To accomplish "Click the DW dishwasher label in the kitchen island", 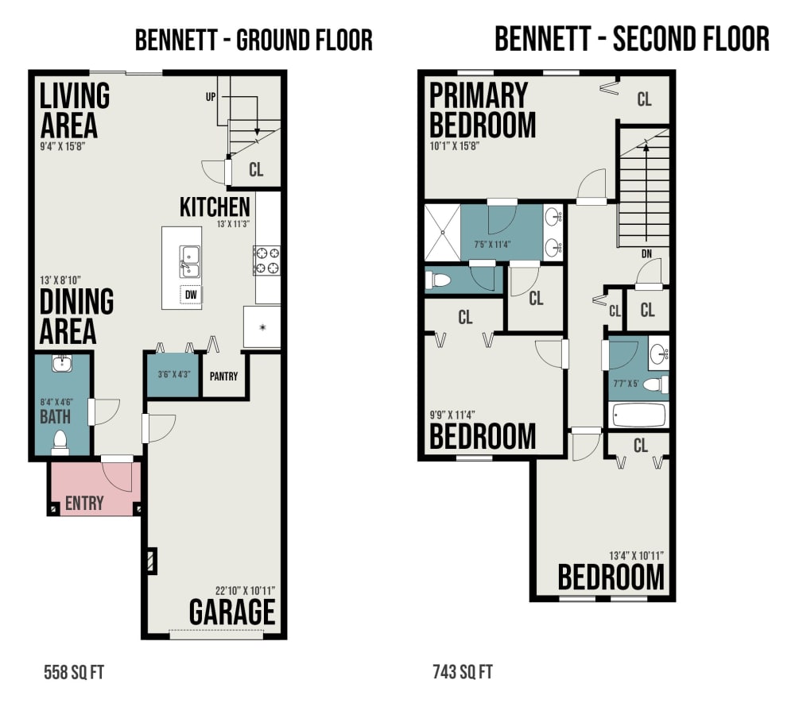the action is pyautogui.click(x=191, y=295).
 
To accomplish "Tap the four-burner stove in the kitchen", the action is pyautogui.click(x=266, y=261).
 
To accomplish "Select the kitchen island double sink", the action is pyautogui.click(x=190, y=262).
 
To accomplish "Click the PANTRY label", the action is pyautogui.click(x=223, y=377).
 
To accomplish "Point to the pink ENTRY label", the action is pyautogui.click(x=84, y=503).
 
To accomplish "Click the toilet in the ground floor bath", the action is pyautogui.click(x=60, y=442).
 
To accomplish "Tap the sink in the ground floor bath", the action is pyautogui.click(x=62, y=363).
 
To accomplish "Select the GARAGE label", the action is pyautogui.click(x=232, y=612).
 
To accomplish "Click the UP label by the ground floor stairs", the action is pyautogui.click(x=211, y=97).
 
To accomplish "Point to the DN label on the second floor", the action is pyautogui.click(x=646, y=253).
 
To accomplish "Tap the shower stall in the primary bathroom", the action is pyautogui.click(x=443, y=233).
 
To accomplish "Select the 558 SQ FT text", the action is pyautogui.click(x=74, y=673).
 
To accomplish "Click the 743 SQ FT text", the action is pyautogui.click(x=463, y=672).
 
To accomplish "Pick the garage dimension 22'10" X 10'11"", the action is pyautogui.click(x=245, y=590).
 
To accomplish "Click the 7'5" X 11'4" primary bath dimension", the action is pyautogui.click(x=492, y=245).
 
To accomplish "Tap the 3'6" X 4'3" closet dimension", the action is pyautogui.click(x=173, y=374).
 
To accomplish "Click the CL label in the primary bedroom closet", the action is pyautogui.click(x=644, y=98).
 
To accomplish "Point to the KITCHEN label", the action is pyautogui.click(x=215, y=207).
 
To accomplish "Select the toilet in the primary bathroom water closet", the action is pyautogui.click(x=438, y=280).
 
